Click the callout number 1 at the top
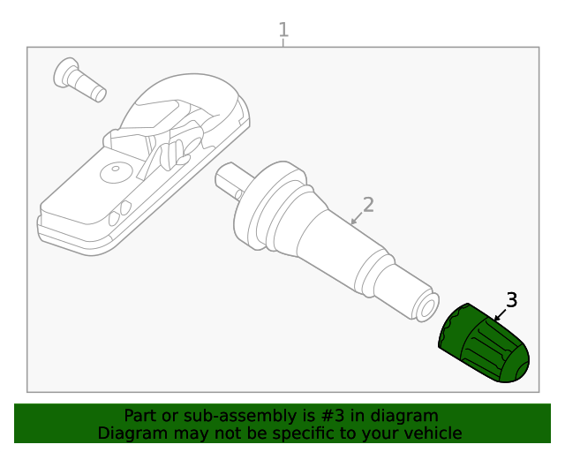[x=283, y=30]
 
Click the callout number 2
[x=368, y=205]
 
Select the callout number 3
[x=511, y=300]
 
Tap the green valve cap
[x=485, y=345]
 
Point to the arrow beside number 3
[x=499, y=314]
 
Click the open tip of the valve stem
[x=427, y=305]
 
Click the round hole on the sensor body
[x=114, y=171]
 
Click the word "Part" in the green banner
[x=140, y=416]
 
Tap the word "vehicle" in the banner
[x=432, y=433]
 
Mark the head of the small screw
[x=67, y=72]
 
